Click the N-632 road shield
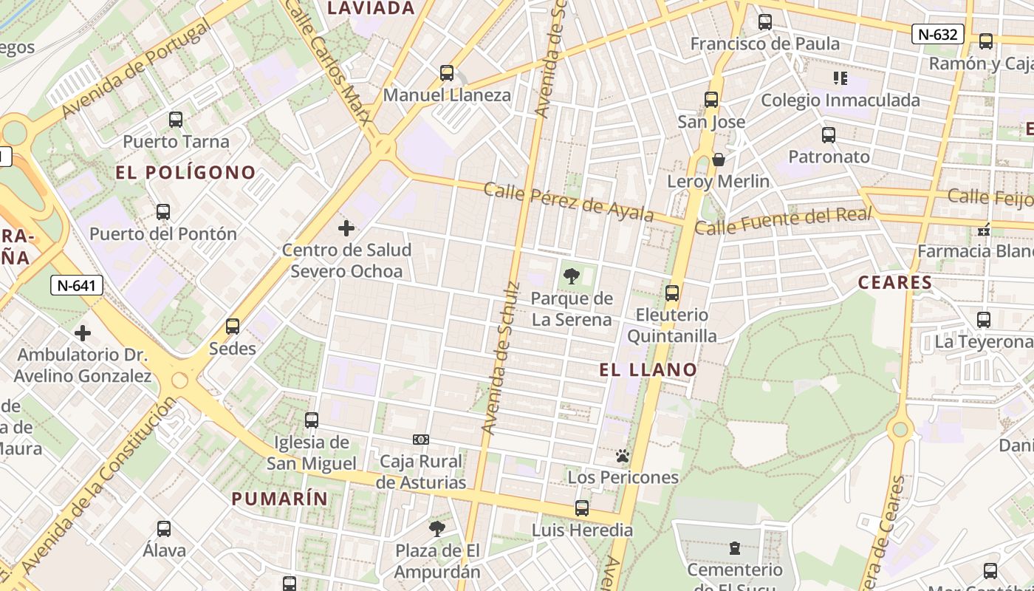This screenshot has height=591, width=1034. point(937,34)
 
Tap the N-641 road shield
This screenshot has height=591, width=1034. point(77,285)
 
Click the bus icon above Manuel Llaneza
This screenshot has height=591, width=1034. point(447,73)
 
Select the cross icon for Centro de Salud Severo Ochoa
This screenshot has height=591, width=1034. point(346,228)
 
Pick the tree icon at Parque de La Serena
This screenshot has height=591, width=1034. point(571,277)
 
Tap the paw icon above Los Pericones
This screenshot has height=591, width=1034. point(623,456)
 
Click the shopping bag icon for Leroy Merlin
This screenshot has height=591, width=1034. point(718,160)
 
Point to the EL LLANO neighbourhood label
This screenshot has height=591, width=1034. point(648,370)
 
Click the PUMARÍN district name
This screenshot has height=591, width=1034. point(280,499)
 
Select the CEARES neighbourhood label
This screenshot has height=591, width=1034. point(895,283)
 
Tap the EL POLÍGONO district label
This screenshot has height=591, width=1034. point(186,173)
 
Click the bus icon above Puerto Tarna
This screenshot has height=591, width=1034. point(176,120)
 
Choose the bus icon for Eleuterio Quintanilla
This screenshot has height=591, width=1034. point(672,293)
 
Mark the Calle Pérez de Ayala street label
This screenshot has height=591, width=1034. point(569,201)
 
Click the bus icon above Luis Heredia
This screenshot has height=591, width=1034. point(582,508)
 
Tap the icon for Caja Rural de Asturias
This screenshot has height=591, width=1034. point(421,440)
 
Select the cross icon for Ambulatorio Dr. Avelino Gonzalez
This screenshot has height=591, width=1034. point(83,333)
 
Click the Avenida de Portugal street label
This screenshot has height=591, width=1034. point(137,69)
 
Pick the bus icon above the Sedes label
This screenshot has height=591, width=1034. point(233,327)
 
